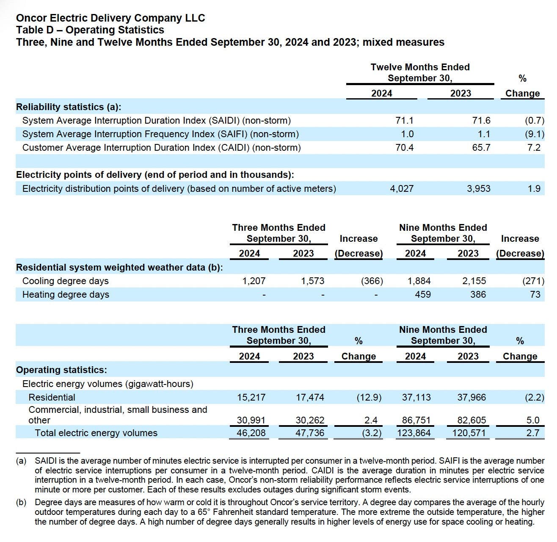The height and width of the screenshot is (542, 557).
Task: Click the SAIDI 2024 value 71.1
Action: click(404, 121)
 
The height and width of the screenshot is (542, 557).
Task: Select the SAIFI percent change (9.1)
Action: click(534, 134)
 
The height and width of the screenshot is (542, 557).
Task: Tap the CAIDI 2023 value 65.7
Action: click(481, 148)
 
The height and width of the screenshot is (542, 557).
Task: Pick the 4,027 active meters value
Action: click(402, 189)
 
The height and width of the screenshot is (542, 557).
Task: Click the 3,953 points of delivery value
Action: click(479, 189)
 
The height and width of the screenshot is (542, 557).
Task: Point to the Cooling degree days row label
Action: click(66, 281)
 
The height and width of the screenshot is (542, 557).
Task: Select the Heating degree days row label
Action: click(66, 295)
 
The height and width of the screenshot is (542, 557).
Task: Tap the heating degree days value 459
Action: click(423, 295)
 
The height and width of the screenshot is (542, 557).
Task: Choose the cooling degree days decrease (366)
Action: click(372, 281)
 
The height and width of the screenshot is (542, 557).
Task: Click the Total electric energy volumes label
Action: click(96, 433)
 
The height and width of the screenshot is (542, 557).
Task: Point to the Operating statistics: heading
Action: click(61, 370)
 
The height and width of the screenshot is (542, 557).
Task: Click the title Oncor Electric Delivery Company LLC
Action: click(110, 18)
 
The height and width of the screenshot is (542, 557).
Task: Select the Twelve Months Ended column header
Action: click(420, 67)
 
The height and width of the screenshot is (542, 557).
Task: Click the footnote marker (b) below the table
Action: click(21, 503)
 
